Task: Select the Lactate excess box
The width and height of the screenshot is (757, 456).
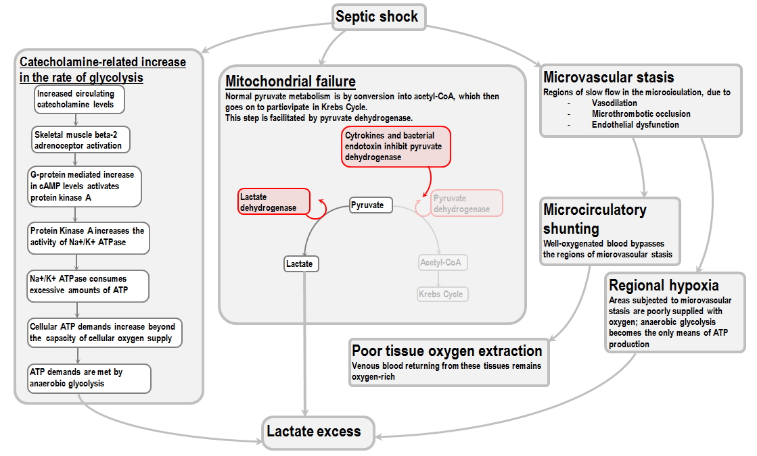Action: [x=314, y=432]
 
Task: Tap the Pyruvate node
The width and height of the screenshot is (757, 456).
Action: [x=368, y=205]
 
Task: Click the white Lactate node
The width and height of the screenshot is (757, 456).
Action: [x=300, y=263]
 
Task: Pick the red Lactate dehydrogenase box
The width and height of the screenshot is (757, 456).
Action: [x=273, y=202]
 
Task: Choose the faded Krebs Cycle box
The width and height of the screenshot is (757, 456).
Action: [x=442, y=294]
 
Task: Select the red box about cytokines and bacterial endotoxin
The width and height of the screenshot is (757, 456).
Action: [x=396, y=146]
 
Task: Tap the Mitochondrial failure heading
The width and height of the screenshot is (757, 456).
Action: [x=290, y=82]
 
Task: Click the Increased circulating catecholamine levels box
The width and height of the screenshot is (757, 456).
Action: [x=80, y=99]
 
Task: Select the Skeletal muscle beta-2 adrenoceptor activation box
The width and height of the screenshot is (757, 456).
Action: [x=81, y=140]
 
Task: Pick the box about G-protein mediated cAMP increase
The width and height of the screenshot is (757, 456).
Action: [x=84, y=186]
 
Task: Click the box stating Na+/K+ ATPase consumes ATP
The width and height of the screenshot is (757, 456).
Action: [x=87, y=286]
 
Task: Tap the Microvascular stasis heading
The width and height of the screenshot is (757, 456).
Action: [x=608, y=77]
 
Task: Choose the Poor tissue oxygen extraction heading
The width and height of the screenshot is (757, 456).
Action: [x=446, y=351]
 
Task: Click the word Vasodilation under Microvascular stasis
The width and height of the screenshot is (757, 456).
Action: [x=614, y=103]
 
